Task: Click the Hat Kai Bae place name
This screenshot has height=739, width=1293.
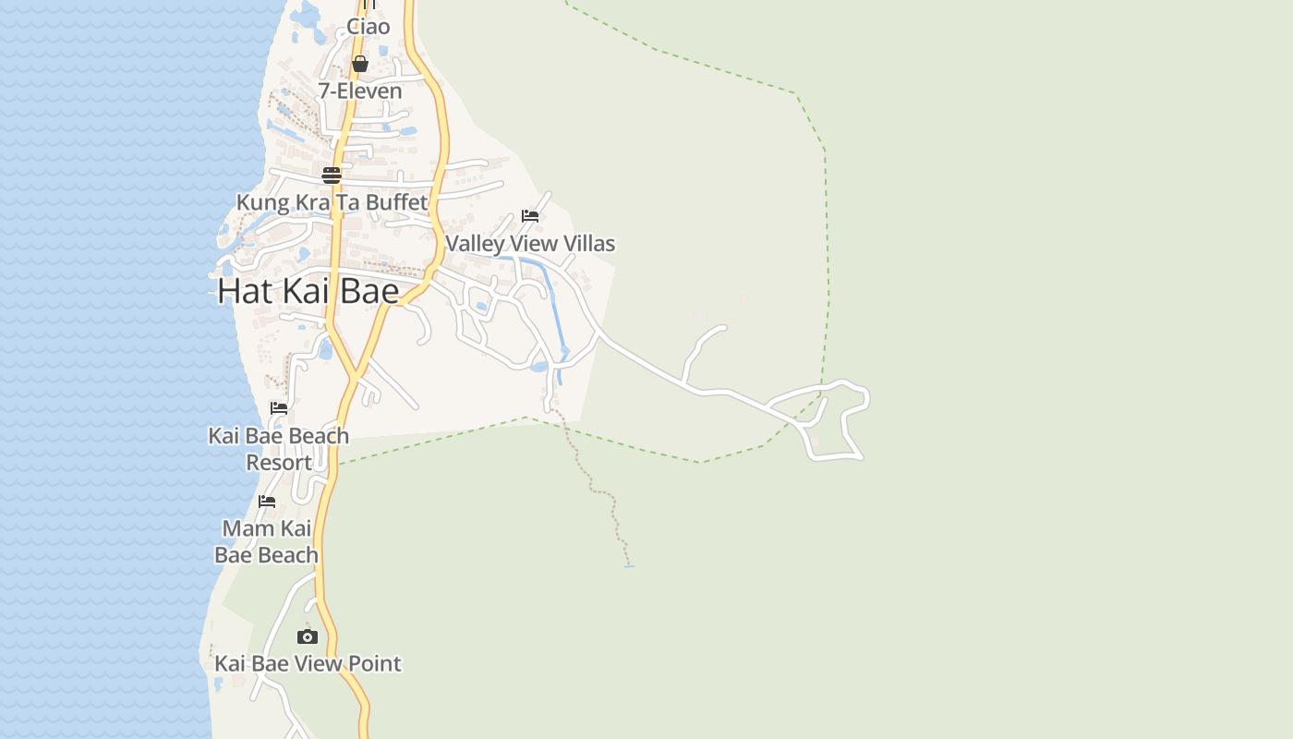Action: click(308, 291)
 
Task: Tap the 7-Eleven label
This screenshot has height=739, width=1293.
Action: click(360, 91)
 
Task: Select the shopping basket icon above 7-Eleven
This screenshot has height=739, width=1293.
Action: click(360, 64)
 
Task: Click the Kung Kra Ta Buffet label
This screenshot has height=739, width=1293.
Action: click(332, 202)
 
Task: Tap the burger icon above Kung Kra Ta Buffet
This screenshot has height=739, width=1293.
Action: click(332, 175)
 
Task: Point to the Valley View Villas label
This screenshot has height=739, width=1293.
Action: click(530, 243)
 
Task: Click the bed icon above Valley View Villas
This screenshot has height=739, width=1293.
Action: click(530, 216)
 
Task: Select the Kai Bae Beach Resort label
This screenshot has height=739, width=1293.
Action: click(279, 448)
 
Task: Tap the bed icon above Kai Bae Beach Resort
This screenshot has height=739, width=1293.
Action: click(279, 407)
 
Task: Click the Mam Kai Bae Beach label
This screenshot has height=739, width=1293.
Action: click(267, 541)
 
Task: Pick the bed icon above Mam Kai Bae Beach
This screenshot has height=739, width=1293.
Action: click(267, 502)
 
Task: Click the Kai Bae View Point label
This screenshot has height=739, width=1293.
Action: click(308, 663)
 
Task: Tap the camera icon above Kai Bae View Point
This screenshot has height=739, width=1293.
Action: click(308, 636)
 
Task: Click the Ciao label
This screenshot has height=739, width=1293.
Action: click(369, 27)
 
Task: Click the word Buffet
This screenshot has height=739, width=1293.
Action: click(397, 202)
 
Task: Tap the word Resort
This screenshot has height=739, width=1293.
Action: click(279, 462)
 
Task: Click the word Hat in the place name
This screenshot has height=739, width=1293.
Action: click(245, 291)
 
